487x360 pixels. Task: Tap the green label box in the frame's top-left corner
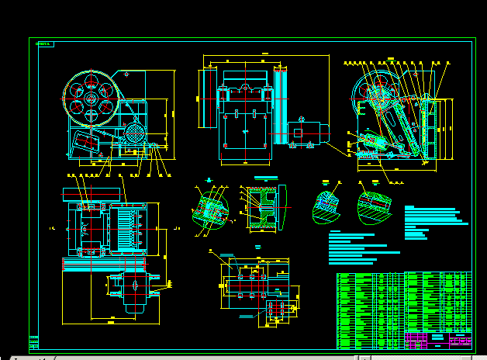[x=44, y=44]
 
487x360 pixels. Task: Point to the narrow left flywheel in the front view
[x=207, y=99]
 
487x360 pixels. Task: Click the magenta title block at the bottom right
[x=438, y=340]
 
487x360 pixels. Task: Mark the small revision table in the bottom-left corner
[x=33, y=342]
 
